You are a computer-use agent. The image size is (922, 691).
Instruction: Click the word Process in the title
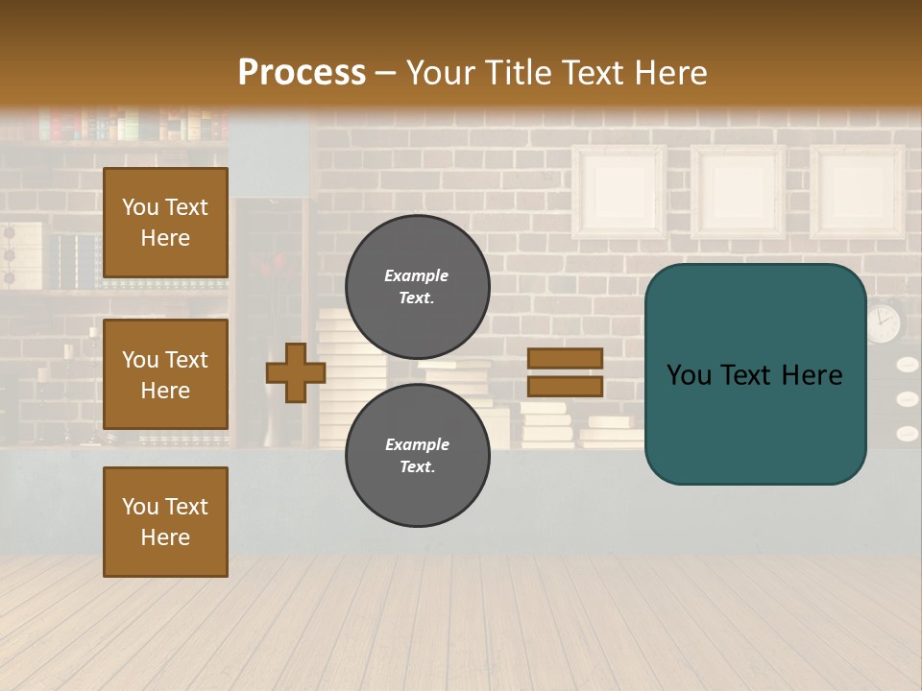pyautogui.click(x=302, y=73)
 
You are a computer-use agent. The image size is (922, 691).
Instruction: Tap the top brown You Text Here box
pyautogui.click(x=165, y=223)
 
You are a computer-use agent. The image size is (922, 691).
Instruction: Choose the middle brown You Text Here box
pyautogui.click(x=165, y=374)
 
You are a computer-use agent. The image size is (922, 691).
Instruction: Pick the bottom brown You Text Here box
pyautogui.click(x=165, y=522)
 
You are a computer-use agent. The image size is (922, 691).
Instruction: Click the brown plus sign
pyautogui.click(x=296, y=372)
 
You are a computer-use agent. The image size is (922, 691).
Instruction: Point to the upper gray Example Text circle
pyautogui.click(x=417, y=286)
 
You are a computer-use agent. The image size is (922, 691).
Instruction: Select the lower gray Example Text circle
pyautogui.click(x=417, y=455)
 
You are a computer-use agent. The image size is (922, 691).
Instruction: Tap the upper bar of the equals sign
pyautogui.click(x=566, y=358)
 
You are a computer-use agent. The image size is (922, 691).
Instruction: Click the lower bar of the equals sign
pyautogui.click(x=566, y=386)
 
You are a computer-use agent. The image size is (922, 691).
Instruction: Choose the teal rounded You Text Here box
pyautogui.click(x=755, y=374)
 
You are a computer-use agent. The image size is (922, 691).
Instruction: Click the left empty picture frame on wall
pyautogui.click(x=619, y=192)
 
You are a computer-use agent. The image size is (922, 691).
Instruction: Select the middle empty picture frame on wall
pyautogui.click(x=738, y=192)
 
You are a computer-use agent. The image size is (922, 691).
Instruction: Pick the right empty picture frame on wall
pyautogui.click(x=857, y=192)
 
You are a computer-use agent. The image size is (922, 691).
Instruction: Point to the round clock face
pyautogui.click(x=884, y=322)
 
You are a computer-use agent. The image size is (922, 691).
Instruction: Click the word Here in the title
pyautogui.click(x=667, y=73)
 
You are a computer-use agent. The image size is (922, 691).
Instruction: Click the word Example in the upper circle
pyautogui.click(x=416, y=275)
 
